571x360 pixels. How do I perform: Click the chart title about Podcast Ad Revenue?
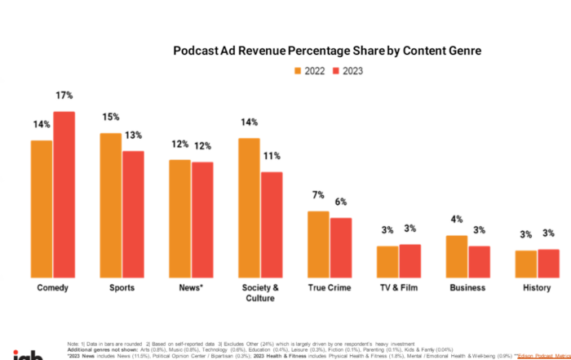[x=327, y=51]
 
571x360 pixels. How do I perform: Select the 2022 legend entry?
[x=314, y=70]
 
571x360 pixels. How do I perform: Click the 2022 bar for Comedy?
[x=42, y=209]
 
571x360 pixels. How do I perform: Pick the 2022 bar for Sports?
[x=111, y=205]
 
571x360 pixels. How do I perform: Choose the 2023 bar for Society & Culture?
[x=272, y=224]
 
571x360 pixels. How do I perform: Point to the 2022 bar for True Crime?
[x=318, y=244]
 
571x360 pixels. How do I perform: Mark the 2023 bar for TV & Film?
[x=409, y=260]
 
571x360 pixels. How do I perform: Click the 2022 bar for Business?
[x=457, y=256]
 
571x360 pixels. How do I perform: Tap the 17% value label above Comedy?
[x=64, y=96]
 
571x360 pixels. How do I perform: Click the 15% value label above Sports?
[x=110, y=118]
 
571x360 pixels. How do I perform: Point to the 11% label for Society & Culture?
[x=272, y=156]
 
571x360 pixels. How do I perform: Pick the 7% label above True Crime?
[x=317, y=196]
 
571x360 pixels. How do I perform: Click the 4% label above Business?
[x=456, y=220]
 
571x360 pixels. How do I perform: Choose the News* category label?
[x=191, y=288]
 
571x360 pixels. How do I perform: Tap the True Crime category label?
[x=330, y=288]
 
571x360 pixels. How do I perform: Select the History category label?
[x=538, y=288]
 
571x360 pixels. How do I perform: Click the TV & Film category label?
[x=399, y=288]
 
